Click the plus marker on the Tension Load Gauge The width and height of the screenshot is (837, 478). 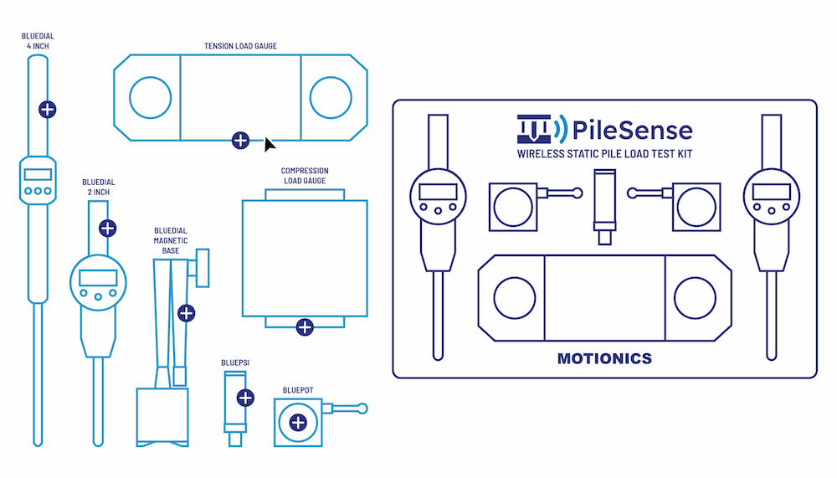tap(240, 141)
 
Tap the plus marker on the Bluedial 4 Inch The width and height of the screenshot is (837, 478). tap(48, 109)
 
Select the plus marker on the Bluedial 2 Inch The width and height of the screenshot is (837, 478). tap(107, 228)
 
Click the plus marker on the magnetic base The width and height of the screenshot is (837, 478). tap(187, 313)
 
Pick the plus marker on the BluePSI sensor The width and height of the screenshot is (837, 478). tap(245, 398)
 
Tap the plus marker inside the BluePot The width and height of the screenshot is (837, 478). tap(297, 424)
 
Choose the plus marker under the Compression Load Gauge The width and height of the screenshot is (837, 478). tap(305, 327)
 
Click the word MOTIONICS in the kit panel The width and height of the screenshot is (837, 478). tap(604, 358)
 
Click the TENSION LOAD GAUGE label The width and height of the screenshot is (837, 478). tap(240, 45)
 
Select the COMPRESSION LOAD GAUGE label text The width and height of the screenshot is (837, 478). tap(304, 176)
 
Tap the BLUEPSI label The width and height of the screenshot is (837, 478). tap(235, 363)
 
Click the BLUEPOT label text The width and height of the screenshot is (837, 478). tap(297, 388)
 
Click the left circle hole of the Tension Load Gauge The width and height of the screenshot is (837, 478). tap(151, 97)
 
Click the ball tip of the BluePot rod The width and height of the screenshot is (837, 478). tap(362, 409)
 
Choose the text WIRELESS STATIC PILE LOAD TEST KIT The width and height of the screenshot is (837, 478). tap(604, 154)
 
